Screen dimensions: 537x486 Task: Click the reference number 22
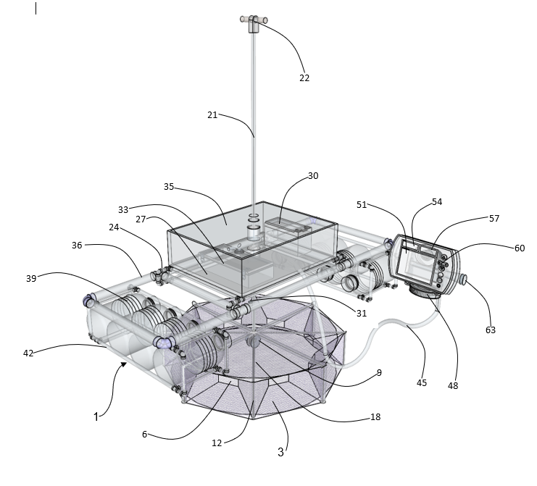304,78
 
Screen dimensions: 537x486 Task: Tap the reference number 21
212,115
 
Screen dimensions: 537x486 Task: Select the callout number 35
169,187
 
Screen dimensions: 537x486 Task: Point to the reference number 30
313,176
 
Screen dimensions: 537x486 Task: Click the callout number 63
491,330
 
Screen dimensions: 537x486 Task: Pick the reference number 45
422,383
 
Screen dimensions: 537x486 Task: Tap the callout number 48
453,386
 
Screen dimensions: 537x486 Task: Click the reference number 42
28,353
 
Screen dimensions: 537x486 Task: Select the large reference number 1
96,417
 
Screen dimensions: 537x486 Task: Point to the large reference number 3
280,452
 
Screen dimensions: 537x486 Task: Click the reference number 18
375,417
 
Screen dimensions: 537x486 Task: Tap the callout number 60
520,248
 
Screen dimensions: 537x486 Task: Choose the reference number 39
31,279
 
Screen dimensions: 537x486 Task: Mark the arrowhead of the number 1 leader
124,365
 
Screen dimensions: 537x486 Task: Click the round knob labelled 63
463,280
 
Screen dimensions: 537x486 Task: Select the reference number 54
437,202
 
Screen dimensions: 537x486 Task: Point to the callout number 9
379,373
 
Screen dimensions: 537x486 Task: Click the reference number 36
77,246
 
